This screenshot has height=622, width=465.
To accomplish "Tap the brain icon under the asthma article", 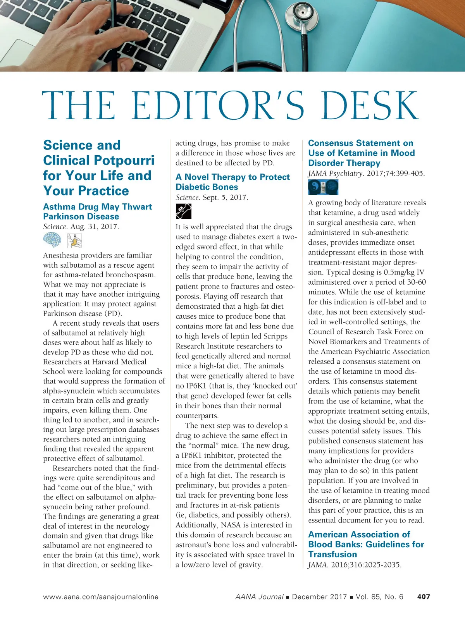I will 52,240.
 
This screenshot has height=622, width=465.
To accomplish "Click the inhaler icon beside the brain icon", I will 74,241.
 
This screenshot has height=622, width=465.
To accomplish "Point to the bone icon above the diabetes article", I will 183,211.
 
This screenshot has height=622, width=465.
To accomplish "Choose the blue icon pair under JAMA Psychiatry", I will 323,187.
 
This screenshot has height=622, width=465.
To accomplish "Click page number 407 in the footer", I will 424,597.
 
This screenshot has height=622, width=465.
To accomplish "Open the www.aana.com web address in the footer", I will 101,597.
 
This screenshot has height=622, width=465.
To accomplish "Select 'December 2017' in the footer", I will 319,597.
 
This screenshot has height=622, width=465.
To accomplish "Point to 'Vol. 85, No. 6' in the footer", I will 379,597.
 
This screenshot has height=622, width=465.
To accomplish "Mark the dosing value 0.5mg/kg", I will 395,272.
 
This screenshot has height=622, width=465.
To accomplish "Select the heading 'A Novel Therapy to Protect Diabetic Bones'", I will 232,182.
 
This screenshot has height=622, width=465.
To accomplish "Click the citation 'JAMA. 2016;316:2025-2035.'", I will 355,565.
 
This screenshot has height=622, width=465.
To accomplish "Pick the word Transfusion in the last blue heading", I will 332,554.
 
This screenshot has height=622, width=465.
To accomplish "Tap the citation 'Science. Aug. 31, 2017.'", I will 81,227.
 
